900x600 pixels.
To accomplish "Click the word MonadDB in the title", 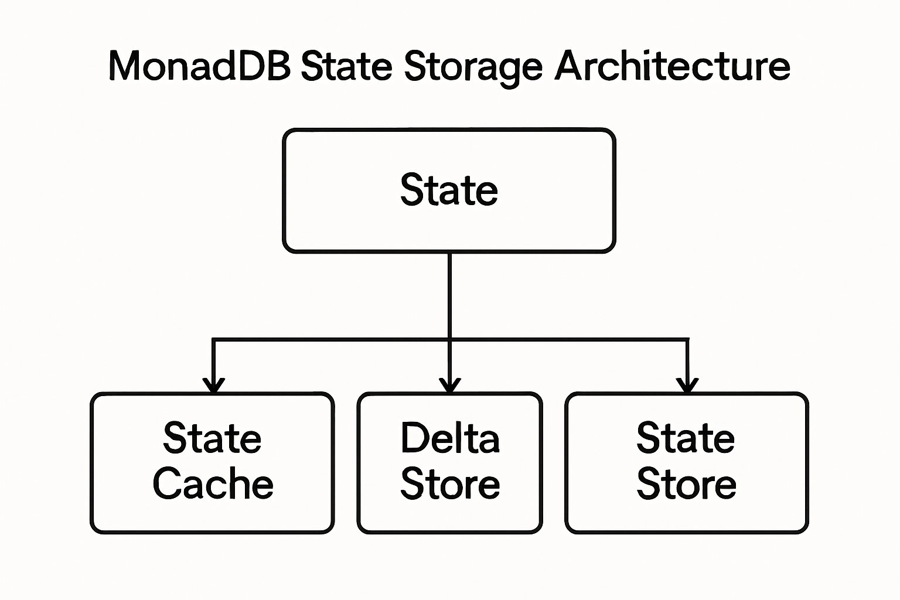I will pyautogui.click(x=199, y=66).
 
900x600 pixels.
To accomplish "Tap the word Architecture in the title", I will pyautogui.click(x=672, y=66).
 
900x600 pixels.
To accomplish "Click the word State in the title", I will pyautogui.click(x=346, y=66).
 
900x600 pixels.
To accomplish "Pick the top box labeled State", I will pyautogui.click(x=449, y=190).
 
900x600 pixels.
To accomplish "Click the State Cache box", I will pyautogui.click(x=212, y=463).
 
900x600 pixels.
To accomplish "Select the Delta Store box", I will pyautogui.click(x=449, y=463).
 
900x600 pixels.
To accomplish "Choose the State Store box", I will pyautogui.click(x=686, y=463).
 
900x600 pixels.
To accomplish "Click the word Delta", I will pyautogui.click(x=450, y=438).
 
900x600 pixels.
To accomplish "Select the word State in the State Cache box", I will pyautogui.click(x=212, y=438).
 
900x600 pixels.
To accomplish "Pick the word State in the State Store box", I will pyautogui.click(x=686, y=438).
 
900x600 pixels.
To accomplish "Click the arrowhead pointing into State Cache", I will pyautogui.click(x=213, y=386).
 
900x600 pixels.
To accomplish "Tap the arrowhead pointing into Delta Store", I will pyautogui.click(x=449, y=386).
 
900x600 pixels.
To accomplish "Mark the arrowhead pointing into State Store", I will pyautogui.click(x=687, y=386).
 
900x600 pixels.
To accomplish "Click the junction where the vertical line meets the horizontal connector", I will pyautogui.click(x=449, y=339).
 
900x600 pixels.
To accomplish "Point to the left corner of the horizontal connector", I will pyautogui.click(x=213, y=339).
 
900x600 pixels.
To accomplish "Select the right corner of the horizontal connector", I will pyautogui.click(x=687, y=339).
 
